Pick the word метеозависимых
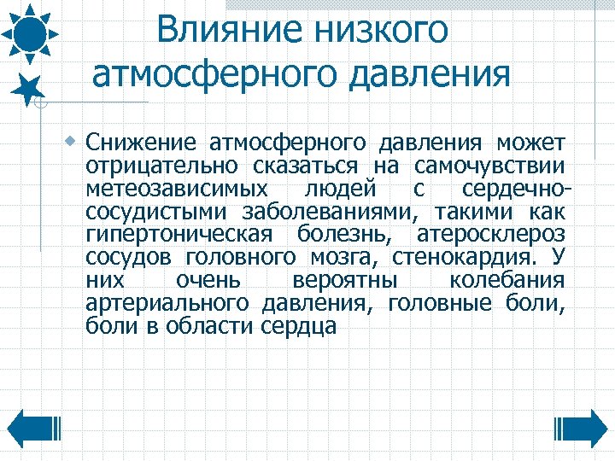[x=176, y=188]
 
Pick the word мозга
[x=350, y=257]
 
